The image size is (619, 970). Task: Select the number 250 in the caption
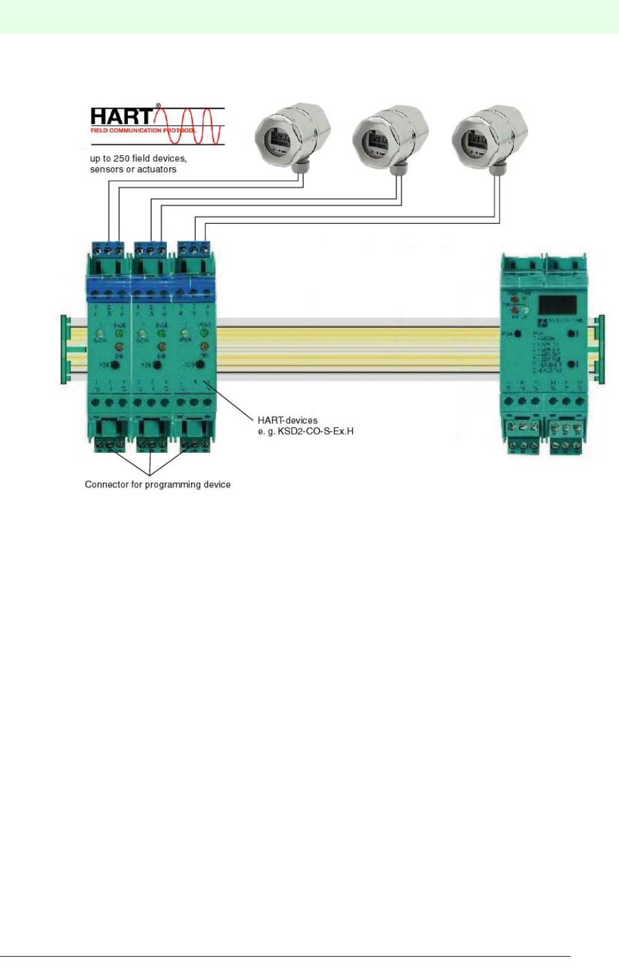122,158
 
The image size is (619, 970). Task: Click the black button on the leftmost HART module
114,365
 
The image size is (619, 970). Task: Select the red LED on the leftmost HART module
119,347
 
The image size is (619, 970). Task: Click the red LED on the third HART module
204,347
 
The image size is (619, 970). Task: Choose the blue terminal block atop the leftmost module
109,249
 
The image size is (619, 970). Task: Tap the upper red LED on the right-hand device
515,299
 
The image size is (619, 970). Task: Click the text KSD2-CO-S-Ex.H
315,431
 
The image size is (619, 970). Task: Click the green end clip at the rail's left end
64,349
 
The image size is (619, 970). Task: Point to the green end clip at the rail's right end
600,349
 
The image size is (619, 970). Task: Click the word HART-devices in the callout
287,420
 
